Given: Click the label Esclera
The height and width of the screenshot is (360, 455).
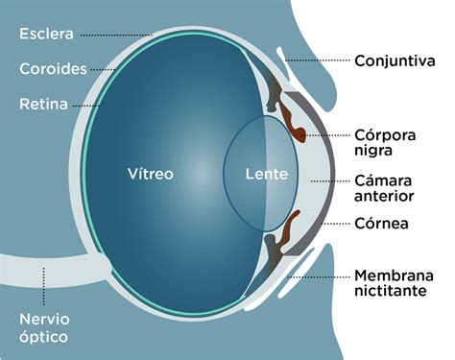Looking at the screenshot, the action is [x=46, y=34].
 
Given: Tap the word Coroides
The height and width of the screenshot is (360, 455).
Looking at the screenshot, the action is [x=53, y=69].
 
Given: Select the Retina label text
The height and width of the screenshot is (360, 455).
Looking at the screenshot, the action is [x=43, y=104].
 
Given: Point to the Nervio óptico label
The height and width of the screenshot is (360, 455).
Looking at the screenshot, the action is [x=44, y=328].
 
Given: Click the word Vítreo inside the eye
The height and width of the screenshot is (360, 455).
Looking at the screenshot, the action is [x=151, y=174].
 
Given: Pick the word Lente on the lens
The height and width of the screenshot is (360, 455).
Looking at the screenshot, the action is [x=267, y=174].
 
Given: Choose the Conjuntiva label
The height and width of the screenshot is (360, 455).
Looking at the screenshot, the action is [x=395, y=60].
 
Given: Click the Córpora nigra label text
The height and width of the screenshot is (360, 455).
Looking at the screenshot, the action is [x=385, y=143].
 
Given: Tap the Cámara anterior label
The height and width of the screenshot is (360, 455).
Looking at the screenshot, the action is [x=384, y=188].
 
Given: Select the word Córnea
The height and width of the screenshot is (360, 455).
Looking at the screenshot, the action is [x=381, y=224].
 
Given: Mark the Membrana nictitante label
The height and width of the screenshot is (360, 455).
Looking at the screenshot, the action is [x=395, y=283].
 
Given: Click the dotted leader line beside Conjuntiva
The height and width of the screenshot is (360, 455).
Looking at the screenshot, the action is [x=317, y=60].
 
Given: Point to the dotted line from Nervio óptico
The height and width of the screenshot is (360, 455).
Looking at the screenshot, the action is [x=44, y=286].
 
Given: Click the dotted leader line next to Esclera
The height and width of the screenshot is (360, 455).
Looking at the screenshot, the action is [x=116, y=35].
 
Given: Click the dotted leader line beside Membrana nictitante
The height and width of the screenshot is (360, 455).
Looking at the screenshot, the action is [x=318, y=276].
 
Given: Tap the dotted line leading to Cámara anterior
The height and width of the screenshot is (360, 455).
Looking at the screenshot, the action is [x=330, y=181].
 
